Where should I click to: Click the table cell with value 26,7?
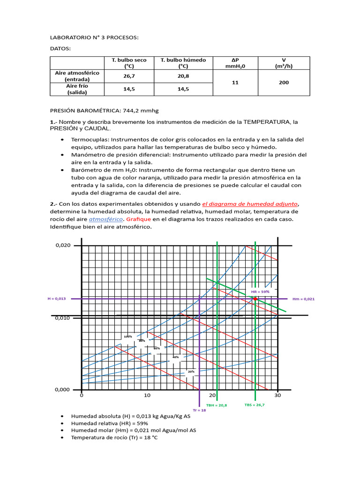[x=129, y=76]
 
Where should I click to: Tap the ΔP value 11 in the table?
[x=235, y=82]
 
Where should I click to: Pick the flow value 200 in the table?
[x=284, y=82]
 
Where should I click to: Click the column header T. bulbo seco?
[x=129, y=63]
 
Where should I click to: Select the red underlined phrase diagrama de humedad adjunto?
[x=250, y=204]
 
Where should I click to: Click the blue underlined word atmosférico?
[x=105, y=219]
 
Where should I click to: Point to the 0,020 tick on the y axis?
[x=63, y=245]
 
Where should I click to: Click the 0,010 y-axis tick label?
[x=63, y=318]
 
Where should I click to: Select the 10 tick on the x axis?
[x=147, y=395]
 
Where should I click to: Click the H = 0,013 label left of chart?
[x=57, y=299]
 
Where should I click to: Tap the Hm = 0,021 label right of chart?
[x=303, y=299]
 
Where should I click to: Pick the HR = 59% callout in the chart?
[x=260, y=292]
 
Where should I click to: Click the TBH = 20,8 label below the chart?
[x=216, y=405]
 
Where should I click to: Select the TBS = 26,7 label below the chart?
[x=255, y=405]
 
